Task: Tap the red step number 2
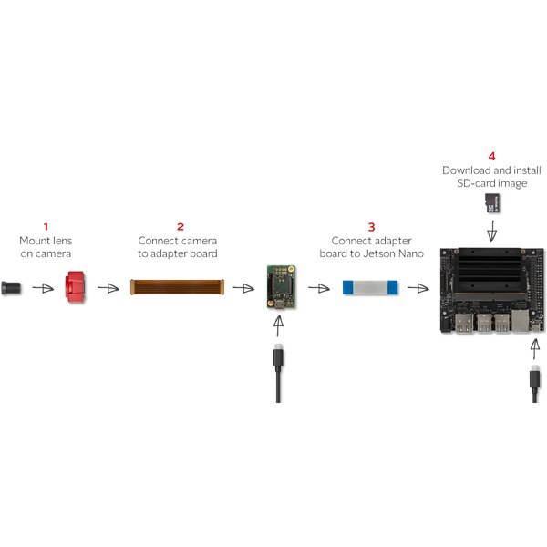point(180,225)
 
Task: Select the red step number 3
point(370,225)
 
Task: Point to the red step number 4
point(491,157)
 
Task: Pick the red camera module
point(75,288)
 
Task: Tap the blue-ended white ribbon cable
point(371,288)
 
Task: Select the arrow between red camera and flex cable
point(108,288)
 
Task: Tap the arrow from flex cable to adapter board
point(243,288)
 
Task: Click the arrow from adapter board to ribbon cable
point(318,288)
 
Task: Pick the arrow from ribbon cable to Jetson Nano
point(419,288)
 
